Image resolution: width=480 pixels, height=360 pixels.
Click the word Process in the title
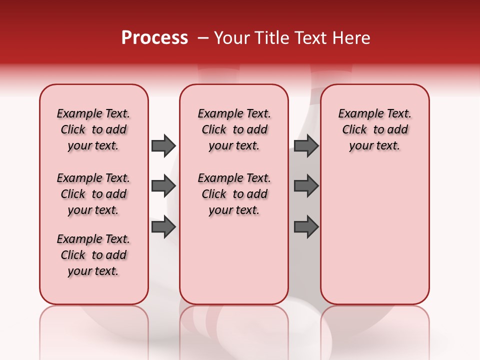click(x=154, y=38)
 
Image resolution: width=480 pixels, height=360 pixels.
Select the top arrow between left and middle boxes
click(x=163, y=145)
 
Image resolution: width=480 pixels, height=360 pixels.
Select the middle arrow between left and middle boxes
click(x=163, y=186)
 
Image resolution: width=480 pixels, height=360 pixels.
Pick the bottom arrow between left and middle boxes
click(x=163, y=226)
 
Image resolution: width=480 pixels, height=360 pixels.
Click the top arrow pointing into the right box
click(x=306, y=145)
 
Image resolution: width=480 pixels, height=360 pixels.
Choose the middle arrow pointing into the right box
click(x=306, y=186)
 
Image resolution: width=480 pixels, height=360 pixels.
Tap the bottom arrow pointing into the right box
click(x=306, y=226)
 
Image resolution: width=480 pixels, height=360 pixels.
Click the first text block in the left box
click(x=93, y=129)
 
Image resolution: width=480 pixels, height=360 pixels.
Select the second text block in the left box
click(x=93, y=194)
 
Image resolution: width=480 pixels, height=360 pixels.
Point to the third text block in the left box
click(x=93, y=255)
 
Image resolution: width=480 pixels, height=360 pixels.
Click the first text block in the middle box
click(x=234, y=129)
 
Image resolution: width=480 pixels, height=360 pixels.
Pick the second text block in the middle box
click(x=234, y=194)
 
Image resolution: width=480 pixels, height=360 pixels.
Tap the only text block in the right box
click(x=374, y=129)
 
